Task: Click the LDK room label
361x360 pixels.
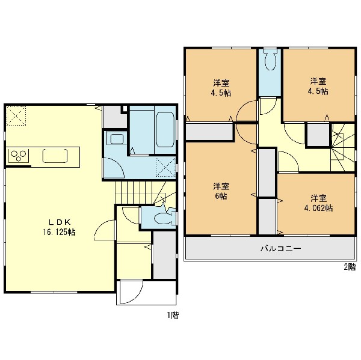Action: (x=59, y=222)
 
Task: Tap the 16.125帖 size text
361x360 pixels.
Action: (x=59, y=232)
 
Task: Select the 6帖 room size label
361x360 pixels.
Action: (x=221, y=196)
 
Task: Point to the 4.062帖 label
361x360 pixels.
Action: (x=318, y=208)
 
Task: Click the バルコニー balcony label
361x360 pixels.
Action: (x=281, y=248)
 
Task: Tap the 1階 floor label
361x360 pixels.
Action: (x=173, y=315)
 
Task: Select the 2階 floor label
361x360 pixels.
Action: (x=350, y=267)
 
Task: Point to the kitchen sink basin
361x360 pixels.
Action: (x=55, y=156)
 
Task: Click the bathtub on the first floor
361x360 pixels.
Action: (x=165, y=130)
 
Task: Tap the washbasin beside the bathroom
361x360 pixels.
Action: (x=117, y=139)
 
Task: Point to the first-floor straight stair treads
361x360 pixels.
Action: (x=134, y=193)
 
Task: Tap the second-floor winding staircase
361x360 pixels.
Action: (x=343, y=147)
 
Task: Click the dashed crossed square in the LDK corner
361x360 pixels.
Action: (x=16, y=116)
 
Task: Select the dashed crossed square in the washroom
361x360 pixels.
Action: (x=165, y=167)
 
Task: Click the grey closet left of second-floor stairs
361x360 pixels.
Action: (x=318, y=135)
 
